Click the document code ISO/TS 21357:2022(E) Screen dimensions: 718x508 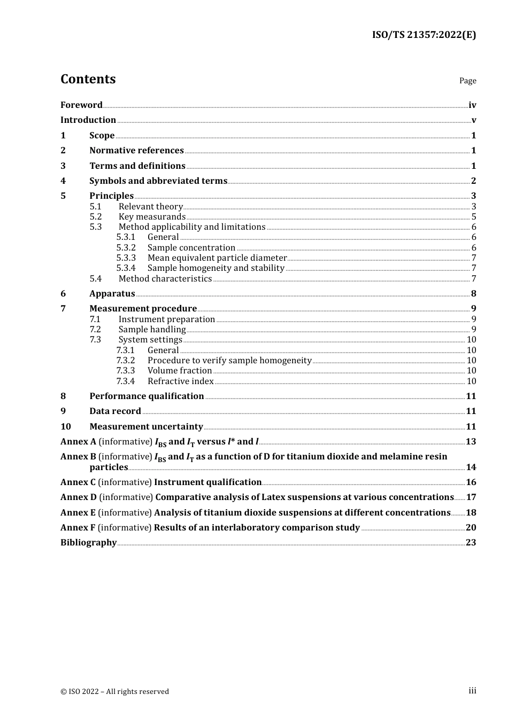coord(424,35)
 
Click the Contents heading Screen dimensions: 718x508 coord(88,79)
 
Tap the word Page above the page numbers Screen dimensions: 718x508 coord(467,81)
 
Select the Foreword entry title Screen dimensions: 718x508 coord(81,105)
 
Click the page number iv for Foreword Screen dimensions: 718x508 coord(472,105)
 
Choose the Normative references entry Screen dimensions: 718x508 coord(136,151)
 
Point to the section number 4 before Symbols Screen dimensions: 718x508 coord(63,181)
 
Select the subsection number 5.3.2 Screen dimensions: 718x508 coord(126,247)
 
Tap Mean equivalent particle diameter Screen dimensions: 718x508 coord(217,257)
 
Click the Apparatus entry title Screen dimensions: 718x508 coord(112,293)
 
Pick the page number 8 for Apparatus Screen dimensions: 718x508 coord(473,293)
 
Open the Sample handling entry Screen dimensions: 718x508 coord(152,329)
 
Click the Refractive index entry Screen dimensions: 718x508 coord(180,381)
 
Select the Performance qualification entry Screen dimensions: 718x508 coord(147,396)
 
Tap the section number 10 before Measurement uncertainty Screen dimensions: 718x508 coord(65,426)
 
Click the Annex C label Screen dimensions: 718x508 coord(78,482)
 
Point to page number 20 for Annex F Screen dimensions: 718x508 coord(471,527)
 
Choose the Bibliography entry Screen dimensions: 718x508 coord(88,542)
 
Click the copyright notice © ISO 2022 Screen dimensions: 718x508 coord(114,691)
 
